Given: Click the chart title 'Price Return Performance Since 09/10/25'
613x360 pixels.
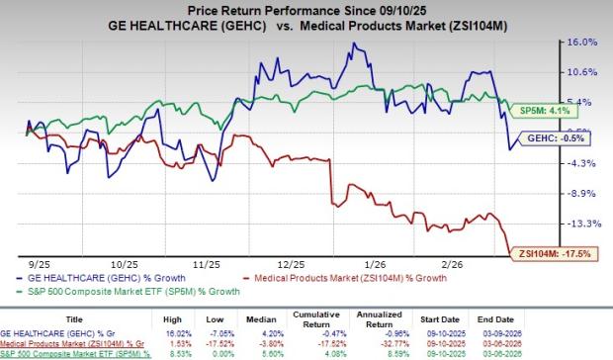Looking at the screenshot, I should pos(306,9).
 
